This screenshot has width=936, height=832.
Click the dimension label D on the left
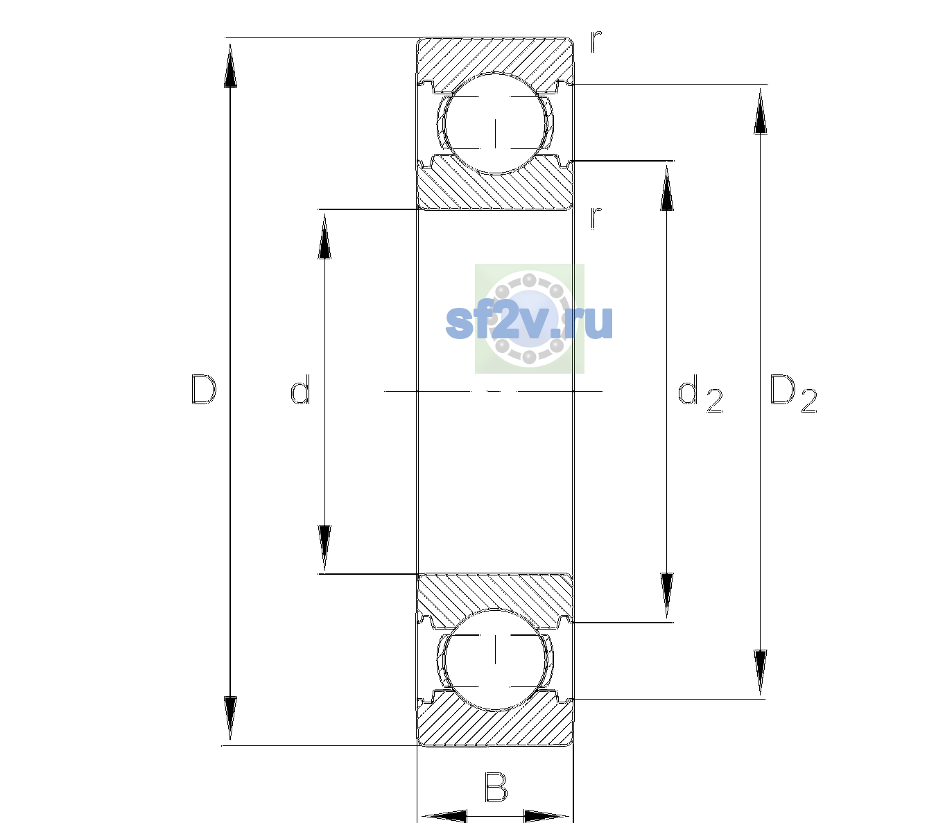pos(204,390)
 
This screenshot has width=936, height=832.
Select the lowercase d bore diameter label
pos(300,390)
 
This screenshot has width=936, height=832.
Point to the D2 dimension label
pos(793,394)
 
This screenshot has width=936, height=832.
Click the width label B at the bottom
pos(496,786)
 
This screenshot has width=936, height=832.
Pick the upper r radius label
pos(596,42)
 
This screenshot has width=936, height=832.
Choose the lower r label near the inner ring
pos(596,218)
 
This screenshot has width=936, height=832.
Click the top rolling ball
pos(495,123)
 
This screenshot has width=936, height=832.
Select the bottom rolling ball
pos(495,659)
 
